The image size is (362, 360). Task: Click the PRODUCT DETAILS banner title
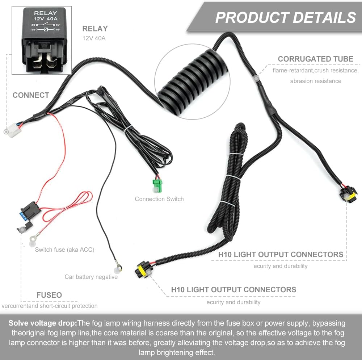[x=286, y=17]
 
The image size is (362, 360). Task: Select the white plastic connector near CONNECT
[x=14, y=130]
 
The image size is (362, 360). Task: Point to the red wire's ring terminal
[x=33, y=238]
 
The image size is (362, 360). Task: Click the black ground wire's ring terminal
[x=119, y=268]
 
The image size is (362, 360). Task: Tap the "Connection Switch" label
[x=159, y=199]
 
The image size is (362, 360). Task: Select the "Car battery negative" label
[x=91, y=277]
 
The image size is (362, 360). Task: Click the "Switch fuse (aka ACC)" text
[x=65, y=250]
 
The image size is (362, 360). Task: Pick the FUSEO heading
[x=49, y=295]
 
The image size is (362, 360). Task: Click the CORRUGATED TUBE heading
[x=315, y=59]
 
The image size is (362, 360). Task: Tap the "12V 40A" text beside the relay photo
[x=94, y=38]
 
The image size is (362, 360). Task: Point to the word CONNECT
[x=31, y=95]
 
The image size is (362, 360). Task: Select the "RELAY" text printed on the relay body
[x=46, y=13]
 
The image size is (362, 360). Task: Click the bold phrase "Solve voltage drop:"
[x=43, y=323]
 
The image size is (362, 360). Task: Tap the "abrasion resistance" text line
[x=316, y=81]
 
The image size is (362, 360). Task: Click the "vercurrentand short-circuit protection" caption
[x=49, y=306]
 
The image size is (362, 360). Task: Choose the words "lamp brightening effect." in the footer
[x=177, y=353]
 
